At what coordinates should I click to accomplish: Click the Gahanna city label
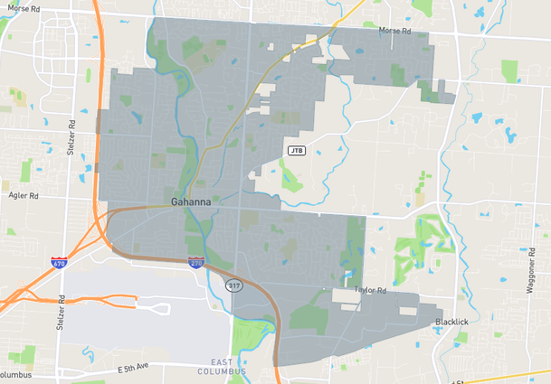191,201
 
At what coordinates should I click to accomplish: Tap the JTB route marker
296,149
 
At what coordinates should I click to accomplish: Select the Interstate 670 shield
59,263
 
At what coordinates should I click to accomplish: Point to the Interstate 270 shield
196,262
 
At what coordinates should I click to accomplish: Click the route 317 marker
234,286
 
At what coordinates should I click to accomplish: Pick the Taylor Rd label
370,290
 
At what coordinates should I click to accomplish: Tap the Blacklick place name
451,322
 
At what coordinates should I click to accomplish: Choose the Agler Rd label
22,195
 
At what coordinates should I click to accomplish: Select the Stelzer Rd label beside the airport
62,311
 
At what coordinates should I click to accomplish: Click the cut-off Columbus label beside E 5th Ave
14,374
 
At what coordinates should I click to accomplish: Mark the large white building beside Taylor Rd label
346,295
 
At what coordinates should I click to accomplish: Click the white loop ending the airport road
161,309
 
